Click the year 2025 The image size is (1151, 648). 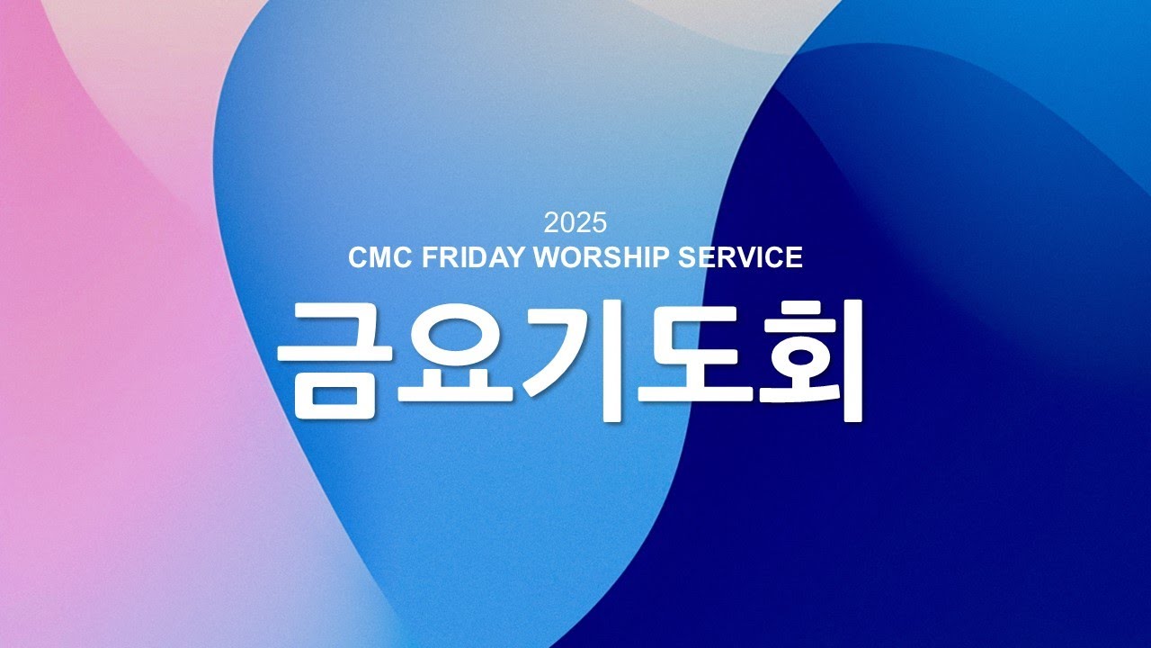tap(575, 222)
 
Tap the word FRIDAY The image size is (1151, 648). tap(472, 258)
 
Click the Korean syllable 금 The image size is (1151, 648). tap(331, 360)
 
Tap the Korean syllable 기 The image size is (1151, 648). tap(575, 360)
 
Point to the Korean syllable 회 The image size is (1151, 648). tap(809, 360)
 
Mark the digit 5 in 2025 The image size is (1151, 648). tap(600, 222)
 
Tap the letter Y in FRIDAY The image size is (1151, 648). tap(514, 258)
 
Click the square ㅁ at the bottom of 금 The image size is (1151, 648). tap(331, 395)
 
